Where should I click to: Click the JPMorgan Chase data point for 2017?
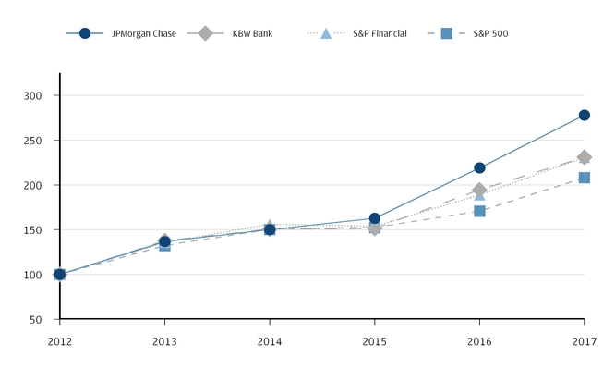pyautogui.click(x=584, y=116)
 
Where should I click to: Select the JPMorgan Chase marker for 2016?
pyautogui.click(x=479, y=168)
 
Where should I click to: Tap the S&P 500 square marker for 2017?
pyautogui.click(x=584, y=178)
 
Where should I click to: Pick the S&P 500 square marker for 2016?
pyautogui.click(x=479, y=211)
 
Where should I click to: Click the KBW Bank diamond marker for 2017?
pyautogui.click(x=584, y=157)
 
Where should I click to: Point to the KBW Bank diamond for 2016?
pyautogui.click(x=479, y=190)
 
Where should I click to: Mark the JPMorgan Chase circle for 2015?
pyautogui.click(x=374, y=219)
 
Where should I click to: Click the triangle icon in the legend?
pyautogui.click(x=325, y=33)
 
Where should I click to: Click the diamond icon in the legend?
pyautogui.click(x=205, y=33)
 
